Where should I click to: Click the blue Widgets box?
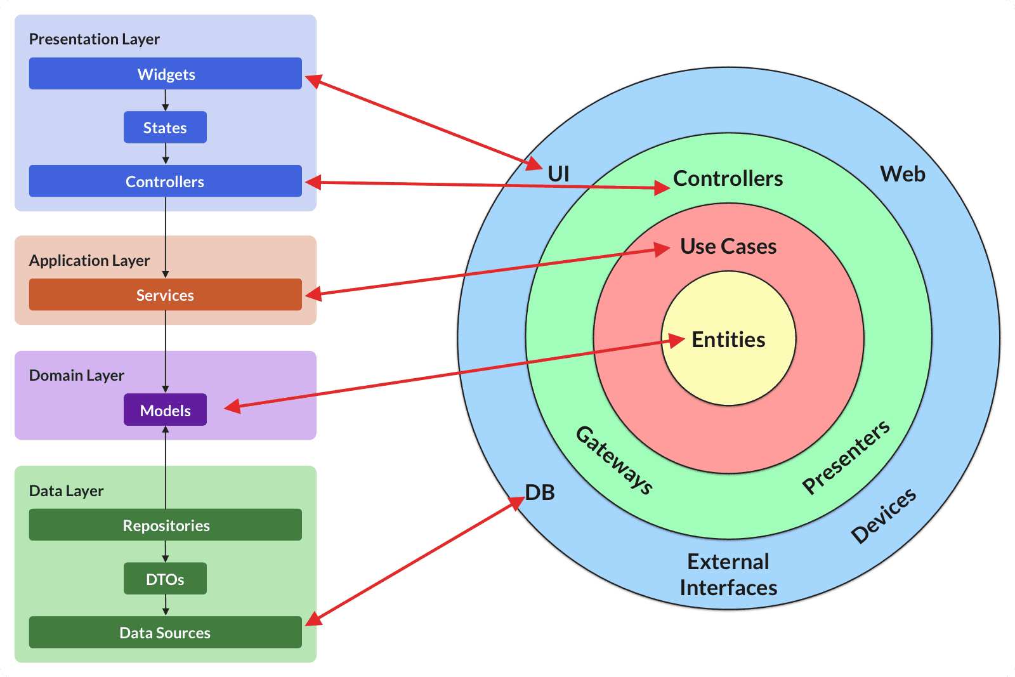[x=165, y=74]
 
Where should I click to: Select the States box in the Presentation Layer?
[x=165, y=128]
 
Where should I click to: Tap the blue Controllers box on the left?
[x=165, y=181]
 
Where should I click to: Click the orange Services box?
[x=165, y=294]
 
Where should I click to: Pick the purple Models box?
[x=165, y=410]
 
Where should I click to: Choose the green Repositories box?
[x=165, y=525]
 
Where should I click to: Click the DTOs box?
[x=165, y=579]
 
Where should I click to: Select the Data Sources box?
[x=165, y=633]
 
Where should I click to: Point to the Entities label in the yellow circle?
[x=728, y=339]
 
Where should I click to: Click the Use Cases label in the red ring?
[x=728, y=246]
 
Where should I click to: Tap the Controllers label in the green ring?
[x=728, y=178]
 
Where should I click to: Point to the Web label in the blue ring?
[x=902, y=174]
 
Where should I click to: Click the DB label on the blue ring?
[x=540, y=492]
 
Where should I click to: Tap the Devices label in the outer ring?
[x=883, y=515]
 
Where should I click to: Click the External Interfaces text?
[x=728, y=575]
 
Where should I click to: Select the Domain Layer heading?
[x=77, y=375]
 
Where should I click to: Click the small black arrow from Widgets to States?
[x=166, y=100]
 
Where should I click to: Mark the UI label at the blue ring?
[x=558, y=174]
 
